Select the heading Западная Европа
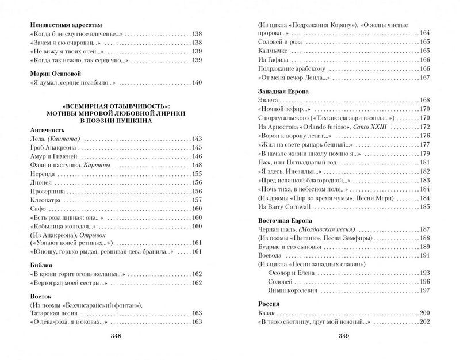282,91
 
